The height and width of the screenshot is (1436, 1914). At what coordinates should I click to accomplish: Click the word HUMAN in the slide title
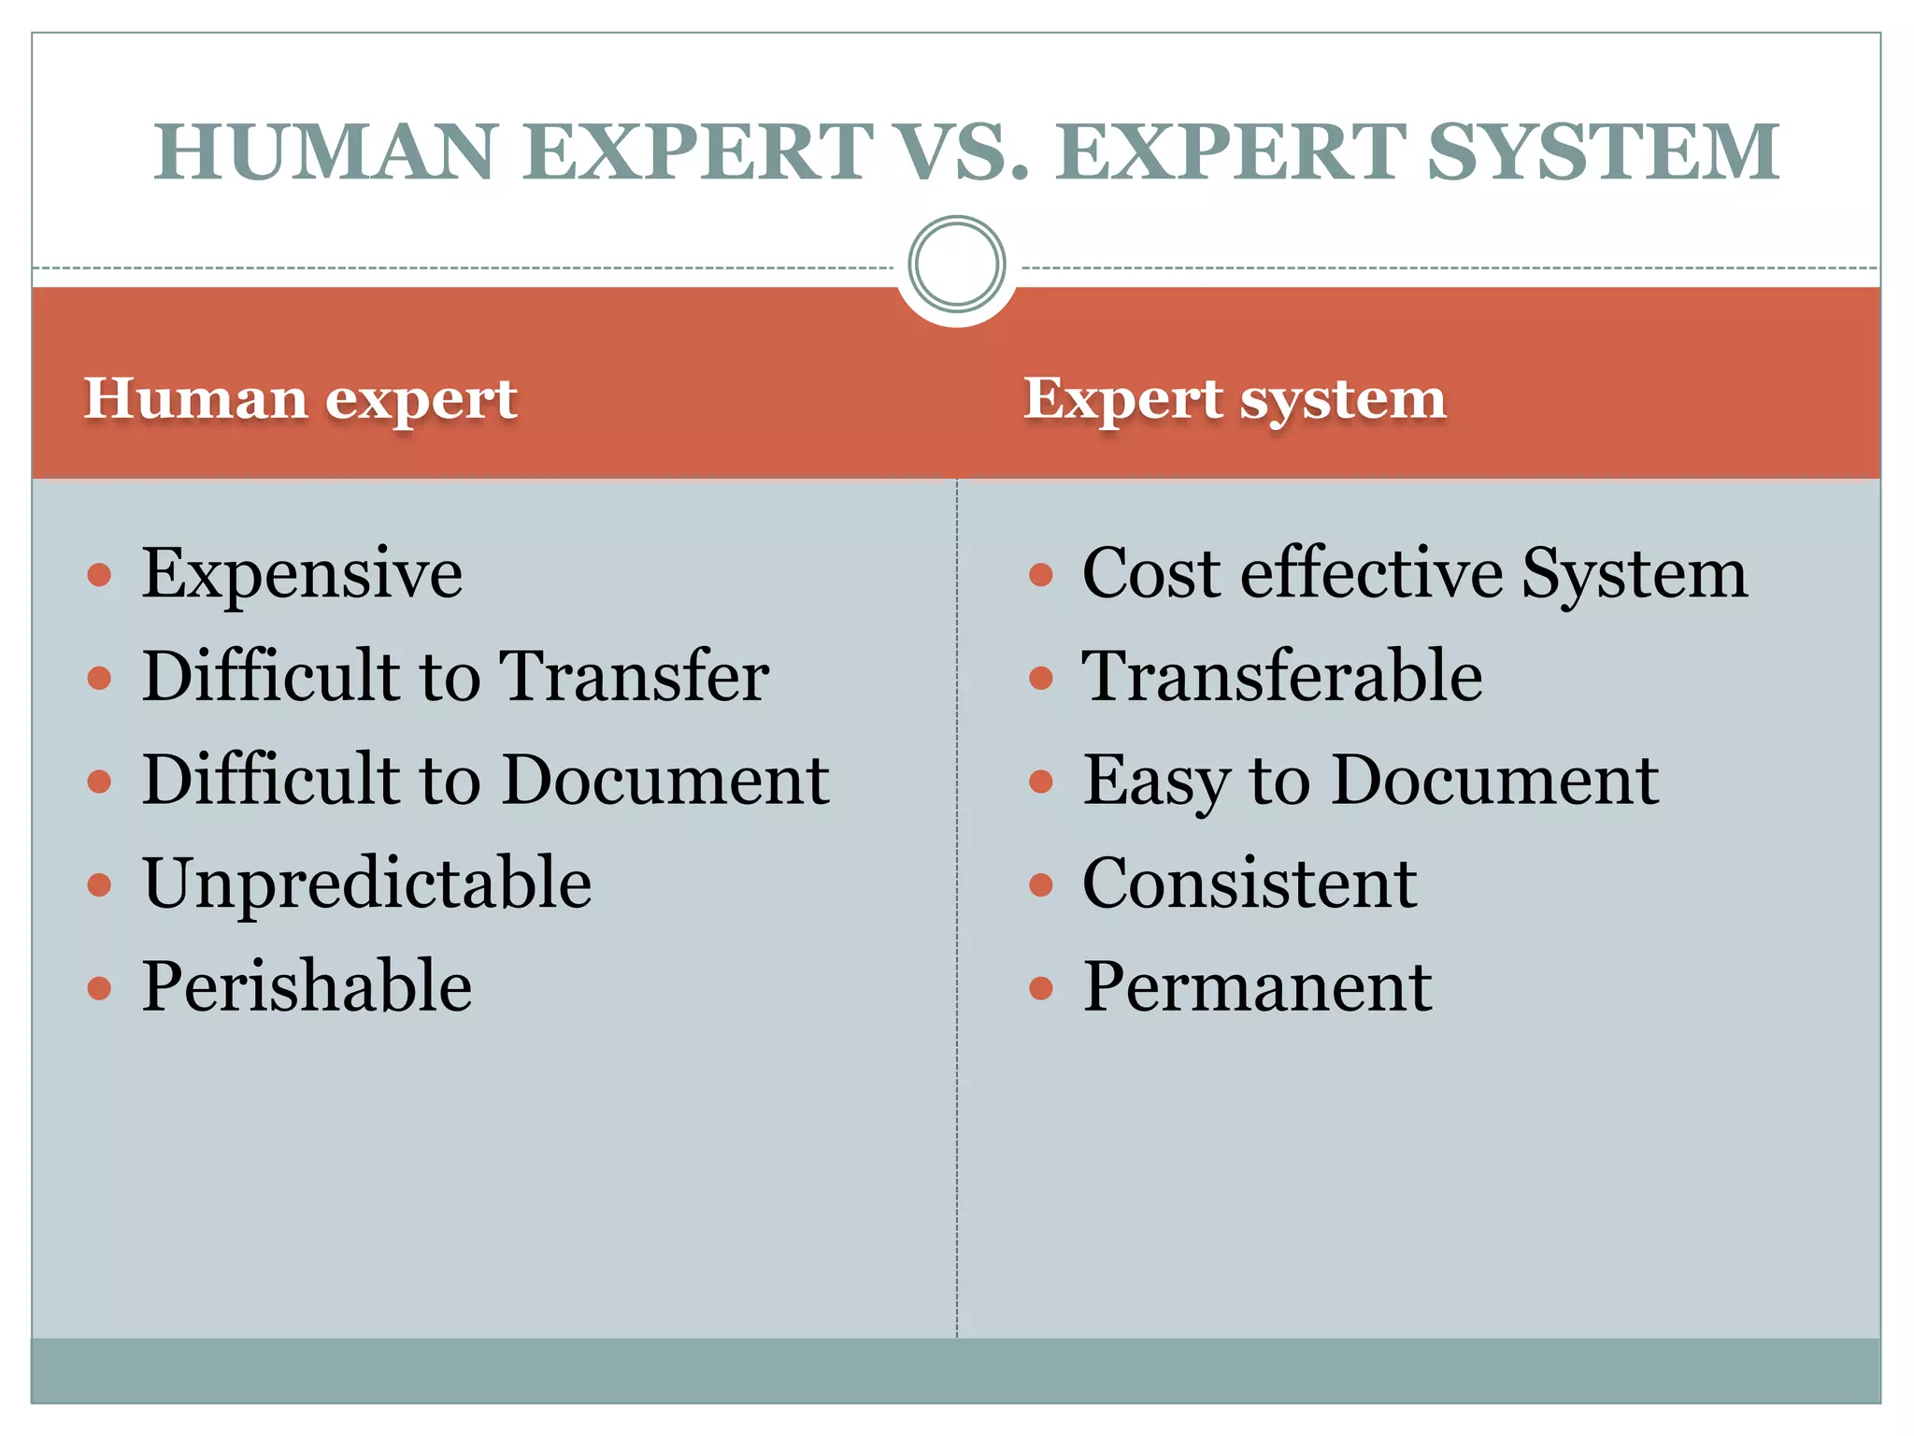tap(324, 151)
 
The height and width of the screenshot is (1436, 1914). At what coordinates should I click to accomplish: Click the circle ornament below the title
tap(956, 264)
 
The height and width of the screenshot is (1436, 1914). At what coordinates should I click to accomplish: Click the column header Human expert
tap(300, 399)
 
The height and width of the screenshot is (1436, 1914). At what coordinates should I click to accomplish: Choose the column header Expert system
tap(1235, 399)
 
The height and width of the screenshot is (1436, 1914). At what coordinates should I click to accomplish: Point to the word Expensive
tap(302, 573)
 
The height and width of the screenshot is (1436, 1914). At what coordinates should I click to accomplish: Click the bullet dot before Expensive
tap(99, 574)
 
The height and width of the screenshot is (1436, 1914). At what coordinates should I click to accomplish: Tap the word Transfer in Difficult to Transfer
tap(634, 676)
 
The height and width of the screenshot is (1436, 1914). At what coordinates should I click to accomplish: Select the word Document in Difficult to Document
tap(665, 780)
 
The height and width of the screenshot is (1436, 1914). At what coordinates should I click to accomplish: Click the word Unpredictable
tap(367, 883)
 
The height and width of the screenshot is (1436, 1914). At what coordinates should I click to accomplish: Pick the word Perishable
tap(307, 986)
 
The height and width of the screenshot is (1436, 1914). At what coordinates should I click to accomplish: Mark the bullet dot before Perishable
tap(99, 988)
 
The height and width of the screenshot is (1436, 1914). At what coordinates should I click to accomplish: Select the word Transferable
tap(1282, 676)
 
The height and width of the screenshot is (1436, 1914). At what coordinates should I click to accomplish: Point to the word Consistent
tap(1250, 883)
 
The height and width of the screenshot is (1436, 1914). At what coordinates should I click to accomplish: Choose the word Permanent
tap(1257, 986)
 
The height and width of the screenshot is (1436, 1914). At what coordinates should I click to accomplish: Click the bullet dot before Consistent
tap(1040, 884)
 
